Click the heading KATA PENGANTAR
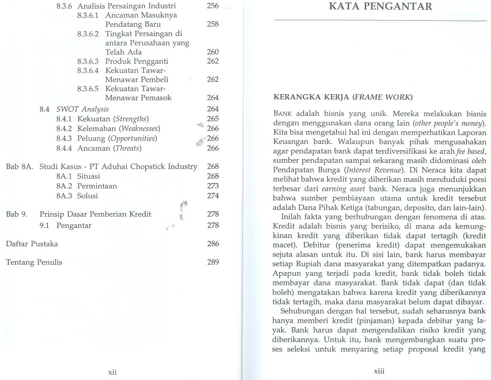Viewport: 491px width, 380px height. (x=380, y=6)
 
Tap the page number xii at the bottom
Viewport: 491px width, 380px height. (x=112, y=372)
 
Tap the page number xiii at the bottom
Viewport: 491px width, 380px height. (x=379, y=371)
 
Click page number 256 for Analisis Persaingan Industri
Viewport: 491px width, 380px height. (x=213, y=6)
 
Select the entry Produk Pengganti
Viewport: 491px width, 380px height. (x=137, y=61)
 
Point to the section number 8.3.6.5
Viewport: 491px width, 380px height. (x=88, y=89)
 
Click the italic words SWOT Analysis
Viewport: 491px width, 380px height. (x=82, y=109)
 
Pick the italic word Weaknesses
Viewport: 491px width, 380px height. (x=139, y=129)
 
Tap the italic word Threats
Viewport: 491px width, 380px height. (x=127, y=148)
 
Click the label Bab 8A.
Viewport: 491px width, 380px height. (x=20, y=167)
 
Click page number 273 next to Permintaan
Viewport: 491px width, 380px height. (x=213, y=186)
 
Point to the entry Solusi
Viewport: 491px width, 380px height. (x=87, y=196)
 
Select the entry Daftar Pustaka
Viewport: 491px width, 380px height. (x=32, y=244)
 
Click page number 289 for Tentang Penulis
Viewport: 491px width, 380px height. (x=213, y=262)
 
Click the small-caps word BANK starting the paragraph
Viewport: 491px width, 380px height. (x=283, y=114)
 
